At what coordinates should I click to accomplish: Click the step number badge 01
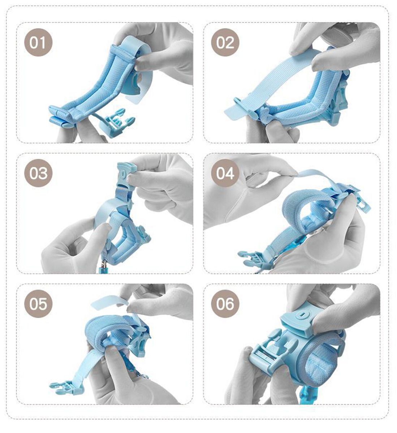[x=38, y=42]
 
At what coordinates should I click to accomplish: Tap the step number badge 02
[x=225, y=42]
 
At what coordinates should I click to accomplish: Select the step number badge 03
[x=38, y=173]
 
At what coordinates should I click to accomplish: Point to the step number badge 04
[x=225, y=173]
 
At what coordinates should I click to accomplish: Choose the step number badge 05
[x=38, y=303]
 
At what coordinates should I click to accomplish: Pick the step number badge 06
[x=225, y=303]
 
